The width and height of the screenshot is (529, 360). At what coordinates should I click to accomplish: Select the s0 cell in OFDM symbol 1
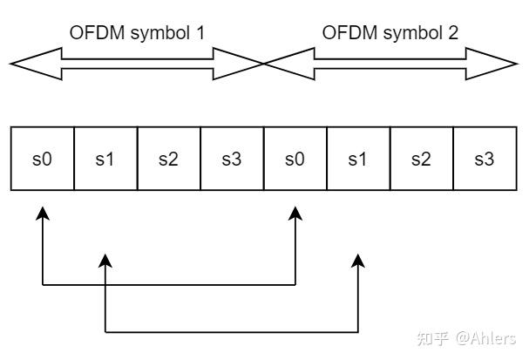(x=42, y=159)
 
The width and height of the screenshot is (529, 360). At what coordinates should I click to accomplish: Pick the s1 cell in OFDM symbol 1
(x=105, y=159)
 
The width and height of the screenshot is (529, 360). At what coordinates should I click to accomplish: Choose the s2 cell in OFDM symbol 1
(x=168, y=159)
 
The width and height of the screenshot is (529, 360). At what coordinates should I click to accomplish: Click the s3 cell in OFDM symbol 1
(x=232, y=159)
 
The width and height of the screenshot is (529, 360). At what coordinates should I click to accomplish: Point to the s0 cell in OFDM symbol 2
(x=295, y=159)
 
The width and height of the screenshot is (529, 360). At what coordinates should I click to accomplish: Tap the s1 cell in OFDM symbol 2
(x=358, y=159)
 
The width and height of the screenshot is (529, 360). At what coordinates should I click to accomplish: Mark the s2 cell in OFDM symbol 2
(x=422, y=159)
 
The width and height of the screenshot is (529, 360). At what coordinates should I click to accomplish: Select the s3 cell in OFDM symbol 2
(x=485, y=159)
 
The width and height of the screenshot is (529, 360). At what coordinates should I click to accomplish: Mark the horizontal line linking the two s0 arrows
(x=168, y=284)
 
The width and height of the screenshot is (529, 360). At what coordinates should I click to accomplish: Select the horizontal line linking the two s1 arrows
(x=232, y=332)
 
